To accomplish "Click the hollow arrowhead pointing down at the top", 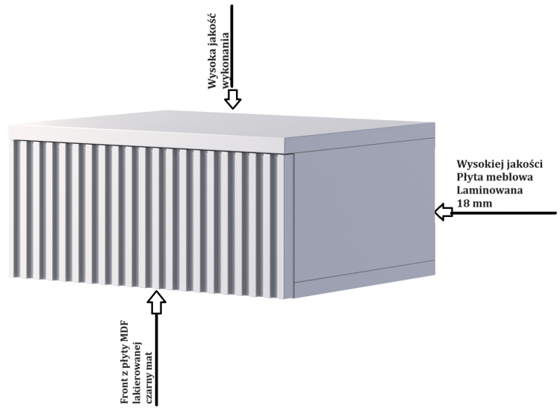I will [234, 99].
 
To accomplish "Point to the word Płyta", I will [472, 177].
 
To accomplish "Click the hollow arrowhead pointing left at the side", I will [444, 214].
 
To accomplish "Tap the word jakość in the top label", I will [213, 39].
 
